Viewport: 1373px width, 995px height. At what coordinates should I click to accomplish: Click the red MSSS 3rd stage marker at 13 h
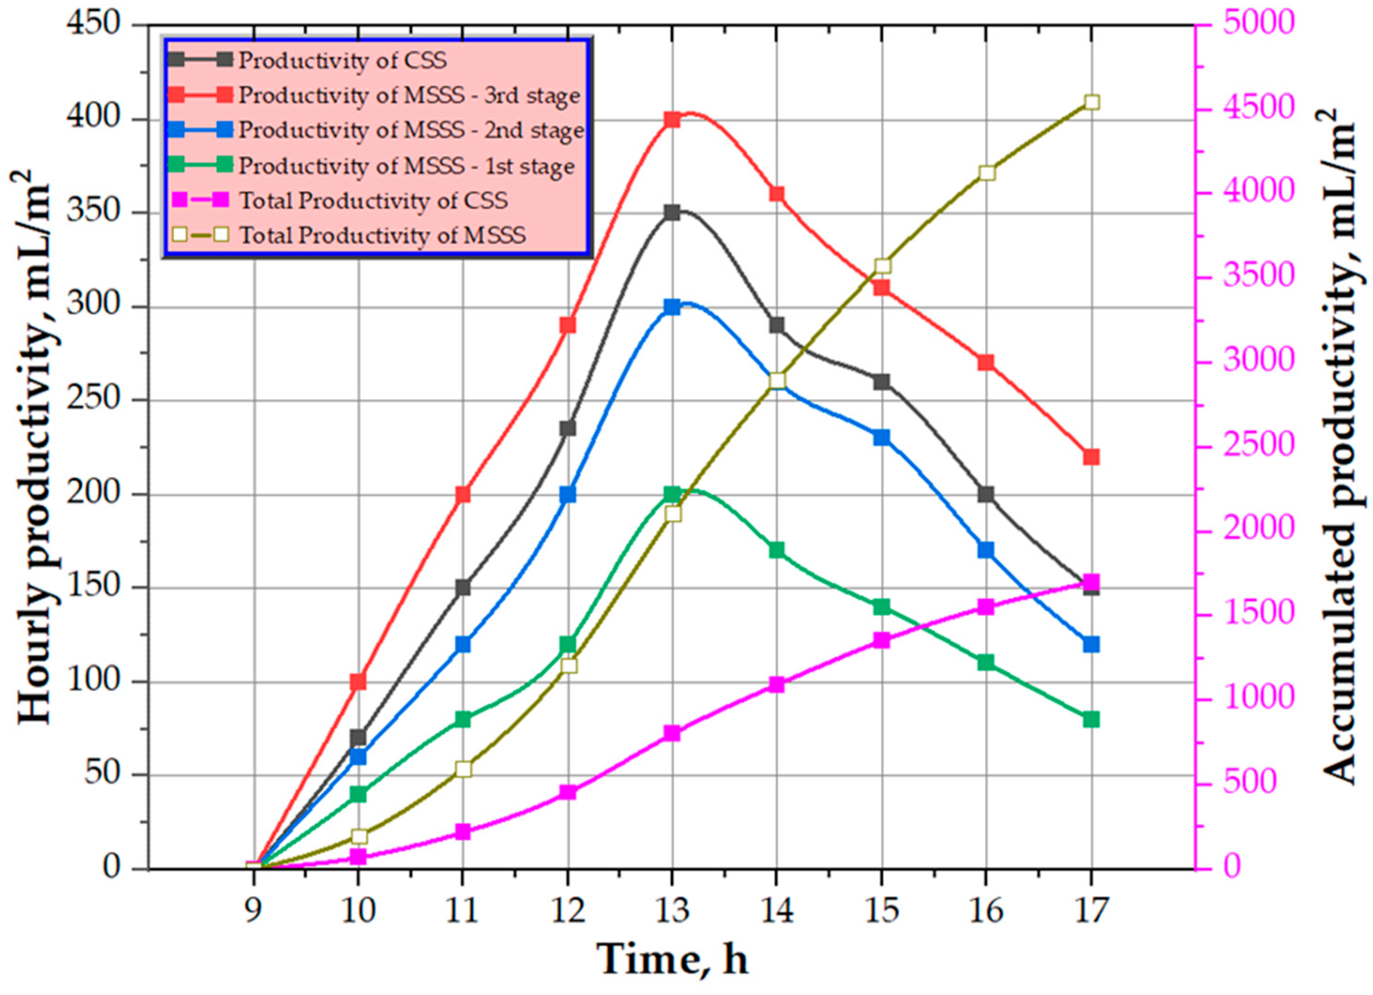[672, 119]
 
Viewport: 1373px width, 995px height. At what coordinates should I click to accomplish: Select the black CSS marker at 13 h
[672, 213]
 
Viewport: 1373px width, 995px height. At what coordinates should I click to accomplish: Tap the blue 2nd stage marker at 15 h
[881, 437]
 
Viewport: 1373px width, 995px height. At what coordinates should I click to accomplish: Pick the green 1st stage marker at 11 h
[463, 719]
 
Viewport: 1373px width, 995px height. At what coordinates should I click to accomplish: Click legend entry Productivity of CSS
[342, 60]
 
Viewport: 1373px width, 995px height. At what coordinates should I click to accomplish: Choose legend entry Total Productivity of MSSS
[383, 235]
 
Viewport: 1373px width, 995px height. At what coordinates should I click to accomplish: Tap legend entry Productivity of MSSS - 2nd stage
[410, 130]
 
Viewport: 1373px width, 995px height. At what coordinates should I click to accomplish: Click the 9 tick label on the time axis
[253, 910]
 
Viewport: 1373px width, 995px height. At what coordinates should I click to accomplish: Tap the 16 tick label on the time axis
[986, 910]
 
